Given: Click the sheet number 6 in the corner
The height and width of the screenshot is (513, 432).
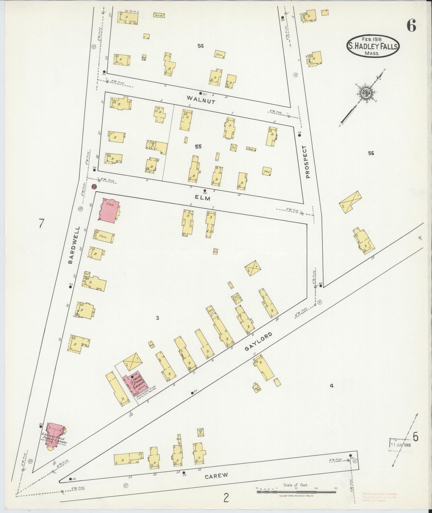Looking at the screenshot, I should pyautogui.click(x=411, y=26).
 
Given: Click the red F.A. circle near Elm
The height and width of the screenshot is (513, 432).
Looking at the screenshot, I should pyautogui.click(x=94, y=187).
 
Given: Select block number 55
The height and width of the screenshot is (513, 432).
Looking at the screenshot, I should pyautogui.click(x=198, y=147).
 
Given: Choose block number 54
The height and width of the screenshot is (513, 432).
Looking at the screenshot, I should pyautogui.click(x=201, y=46).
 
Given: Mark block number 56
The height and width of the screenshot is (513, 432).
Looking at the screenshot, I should pyautogui.click(x=371, y=153).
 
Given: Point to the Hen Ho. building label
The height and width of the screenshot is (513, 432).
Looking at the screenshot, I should pyautogui.click(x=159, y=15).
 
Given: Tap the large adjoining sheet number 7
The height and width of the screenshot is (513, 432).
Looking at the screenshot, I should pyautogui.click(x=41, y=223).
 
